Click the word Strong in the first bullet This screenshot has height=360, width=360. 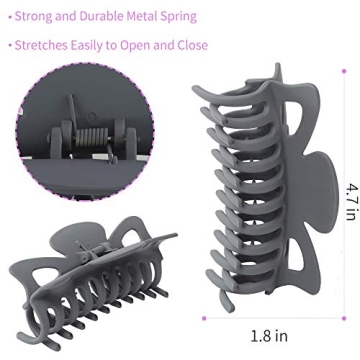coord(33,16)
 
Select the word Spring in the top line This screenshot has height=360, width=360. coord(179,17)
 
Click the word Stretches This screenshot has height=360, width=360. coord(41,45)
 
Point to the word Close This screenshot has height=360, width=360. coord(192,45)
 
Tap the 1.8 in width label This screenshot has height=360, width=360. coord(269,336)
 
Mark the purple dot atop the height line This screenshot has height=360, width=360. coord(344,71)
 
